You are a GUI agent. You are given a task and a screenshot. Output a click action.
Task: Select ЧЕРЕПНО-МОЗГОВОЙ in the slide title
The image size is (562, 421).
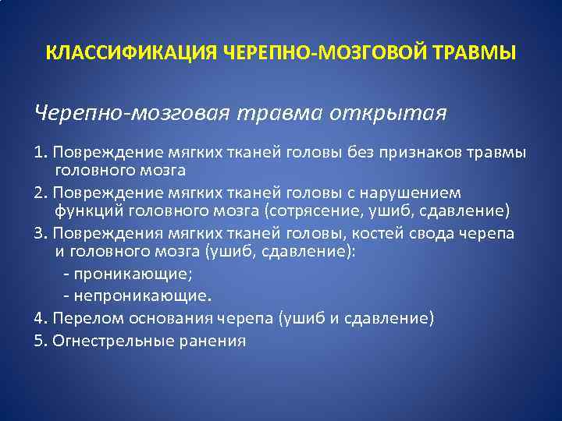(323, 53)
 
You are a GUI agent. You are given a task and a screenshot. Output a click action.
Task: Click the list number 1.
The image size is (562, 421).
(39, 150)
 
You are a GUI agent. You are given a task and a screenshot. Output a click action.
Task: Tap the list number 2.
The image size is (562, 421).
(39, 193)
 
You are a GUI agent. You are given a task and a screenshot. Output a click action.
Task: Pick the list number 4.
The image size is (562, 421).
(39, 319)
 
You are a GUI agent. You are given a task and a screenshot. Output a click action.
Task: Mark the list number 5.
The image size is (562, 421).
(39, 341)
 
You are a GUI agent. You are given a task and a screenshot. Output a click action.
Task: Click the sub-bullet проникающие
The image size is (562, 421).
(131, 275)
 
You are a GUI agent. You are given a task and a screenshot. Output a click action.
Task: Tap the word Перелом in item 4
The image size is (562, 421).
(80, 319)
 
